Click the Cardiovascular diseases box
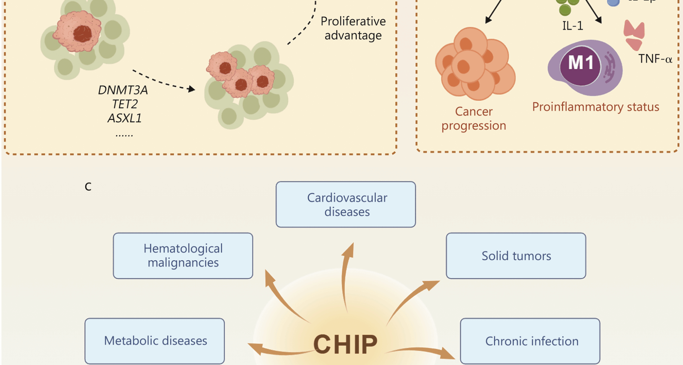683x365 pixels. click(345, 205)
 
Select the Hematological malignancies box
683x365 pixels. click(183, 256)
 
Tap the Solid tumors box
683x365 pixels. click(516, 256)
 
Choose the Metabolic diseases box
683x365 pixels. click(155, 341)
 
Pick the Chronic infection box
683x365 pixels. click(530, 341)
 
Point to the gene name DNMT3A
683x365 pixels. click(123, 90)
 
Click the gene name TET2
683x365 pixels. click(125, 104)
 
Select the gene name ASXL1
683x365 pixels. click(125, 118)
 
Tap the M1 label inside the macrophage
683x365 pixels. click(581, 63)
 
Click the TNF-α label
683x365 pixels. click(655, 59)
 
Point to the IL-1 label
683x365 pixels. click(572, 26)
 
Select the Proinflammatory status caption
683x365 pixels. click(595, 107)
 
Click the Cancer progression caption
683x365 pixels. click(473, 118)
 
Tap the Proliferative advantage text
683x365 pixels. click(353, 29)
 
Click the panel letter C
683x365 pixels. click(88, 186)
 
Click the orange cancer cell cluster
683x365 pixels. click(475, 64)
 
